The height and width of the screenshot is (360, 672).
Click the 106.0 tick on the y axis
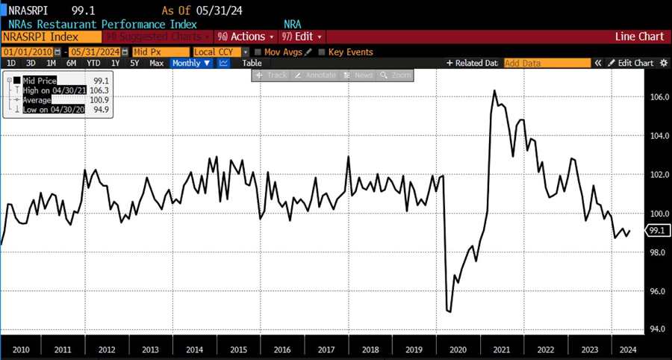658,97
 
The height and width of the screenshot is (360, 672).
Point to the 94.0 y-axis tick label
658,329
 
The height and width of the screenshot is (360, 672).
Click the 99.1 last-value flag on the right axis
658,231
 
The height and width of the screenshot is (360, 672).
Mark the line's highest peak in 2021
494,90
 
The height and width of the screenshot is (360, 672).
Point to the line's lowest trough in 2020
449,311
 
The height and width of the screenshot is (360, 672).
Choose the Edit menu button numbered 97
302,37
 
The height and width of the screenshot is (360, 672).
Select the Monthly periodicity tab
191,63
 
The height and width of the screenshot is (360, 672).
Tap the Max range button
157,63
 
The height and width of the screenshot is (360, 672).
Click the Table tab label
252,63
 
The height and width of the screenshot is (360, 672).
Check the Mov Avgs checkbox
258,52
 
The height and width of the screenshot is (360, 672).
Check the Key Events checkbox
322,52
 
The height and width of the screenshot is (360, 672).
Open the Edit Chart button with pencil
632,63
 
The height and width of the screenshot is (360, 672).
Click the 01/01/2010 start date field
31,52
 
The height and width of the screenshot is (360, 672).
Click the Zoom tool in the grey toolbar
396,75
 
